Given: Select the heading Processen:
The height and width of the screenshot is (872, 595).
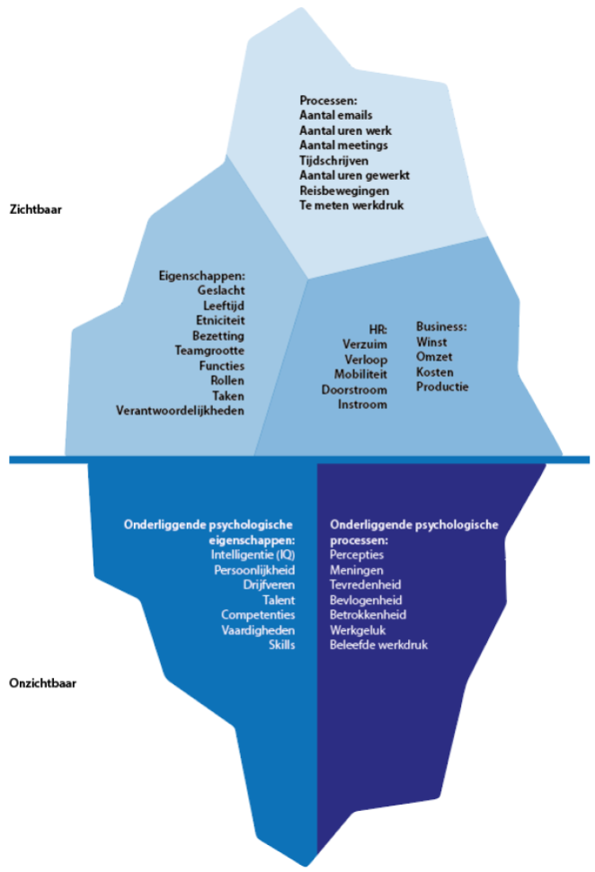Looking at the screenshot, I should click(x=329, y=100).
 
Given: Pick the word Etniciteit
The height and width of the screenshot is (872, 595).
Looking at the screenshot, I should click(x=220, y=320).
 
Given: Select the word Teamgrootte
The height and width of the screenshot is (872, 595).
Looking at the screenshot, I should click(x=209, y=351).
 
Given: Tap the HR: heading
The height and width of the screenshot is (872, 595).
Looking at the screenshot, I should click(x=377, y=329).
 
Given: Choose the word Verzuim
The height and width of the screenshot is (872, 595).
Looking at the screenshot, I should click(x=364, y=344).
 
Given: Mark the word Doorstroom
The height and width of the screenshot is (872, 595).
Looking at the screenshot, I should click(x=354, y=389).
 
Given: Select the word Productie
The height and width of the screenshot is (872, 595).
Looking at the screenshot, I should click(x=442, y=387).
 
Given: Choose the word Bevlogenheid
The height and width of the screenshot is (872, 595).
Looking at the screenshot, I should click(x=365, y=600).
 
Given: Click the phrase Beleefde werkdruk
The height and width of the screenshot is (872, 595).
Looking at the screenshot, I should click(x=378, y=645).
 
